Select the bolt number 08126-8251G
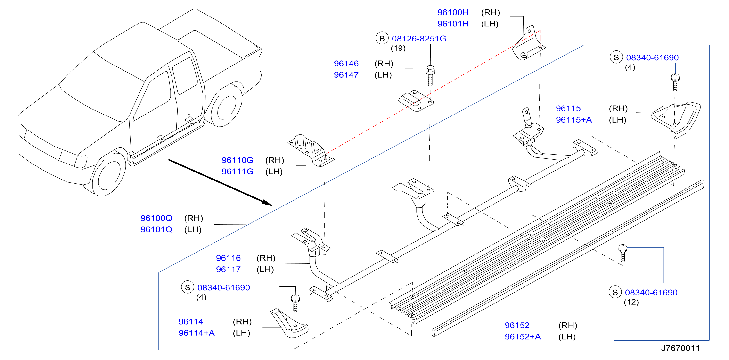[x=419, y=39]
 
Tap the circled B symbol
[x=382, y=38]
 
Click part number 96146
[x=346, y=63]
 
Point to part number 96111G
[x=238, y=172]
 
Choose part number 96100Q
[x=156, y=218]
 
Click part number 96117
[x=228, y=270]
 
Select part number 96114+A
[x=197, y=333]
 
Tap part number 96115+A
[x=574, y=120]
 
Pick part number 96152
[x=517, y=326]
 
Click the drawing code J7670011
[x=680, y=348]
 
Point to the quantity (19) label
[x=398, y=49]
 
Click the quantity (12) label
[x=631, y=302]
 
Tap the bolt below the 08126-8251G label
[x=430, y=76]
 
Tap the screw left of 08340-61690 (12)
[x=623, y=253]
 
